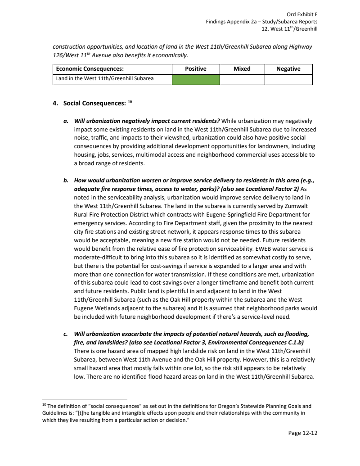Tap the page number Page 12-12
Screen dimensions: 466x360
(x=303, y=433)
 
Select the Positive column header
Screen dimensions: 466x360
(x=196, y=69)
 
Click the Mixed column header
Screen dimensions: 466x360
(x=242, y=69)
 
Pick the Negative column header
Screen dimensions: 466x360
(x=288, y=69)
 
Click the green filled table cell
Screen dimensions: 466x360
(x=196, y=79)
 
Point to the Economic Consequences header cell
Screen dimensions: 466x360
(x=90, y=69)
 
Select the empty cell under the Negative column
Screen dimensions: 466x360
(x=288, y=79)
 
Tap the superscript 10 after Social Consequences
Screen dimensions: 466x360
(x=130, y=102)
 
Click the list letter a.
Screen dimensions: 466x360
(x=66, y=121)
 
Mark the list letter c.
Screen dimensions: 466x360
(x=66, y=334)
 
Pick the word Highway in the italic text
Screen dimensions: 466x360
(x=298, y=47)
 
